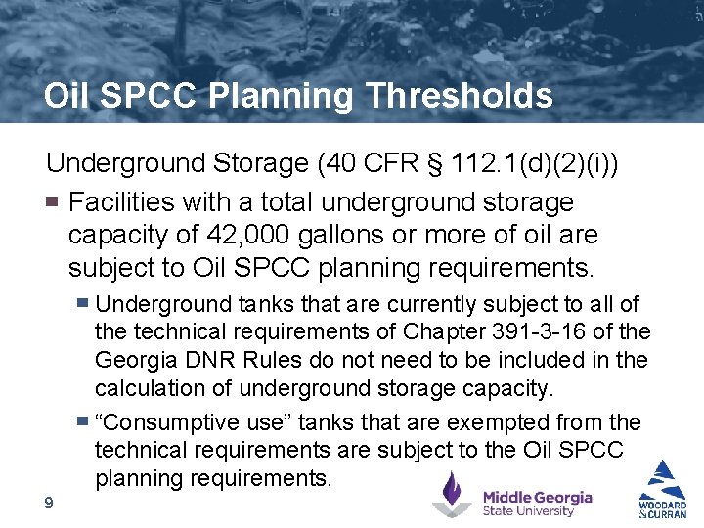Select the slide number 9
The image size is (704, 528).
48,503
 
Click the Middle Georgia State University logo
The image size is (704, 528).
512,495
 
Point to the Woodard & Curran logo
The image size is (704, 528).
663,489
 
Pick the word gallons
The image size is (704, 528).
347,235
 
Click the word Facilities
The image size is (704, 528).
126,202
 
